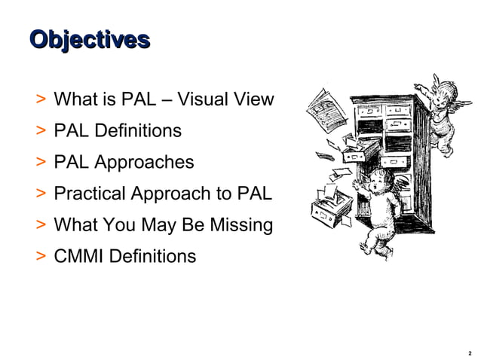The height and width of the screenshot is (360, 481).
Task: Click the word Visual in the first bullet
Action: tap(209, 99)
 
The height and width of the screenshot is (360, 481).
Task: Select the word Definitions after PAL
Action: tap(139, 131)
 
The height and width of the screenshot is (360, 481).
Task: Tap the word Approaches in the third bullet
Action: tap(149, 163)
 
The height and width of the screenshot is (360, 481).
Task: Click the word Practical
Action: tap(90, 194)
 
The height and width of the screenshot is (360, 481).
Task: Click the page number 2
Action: tap(469, 351)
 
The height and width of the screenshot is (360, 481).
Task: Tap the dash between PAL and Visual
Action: tap(170, 99)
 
